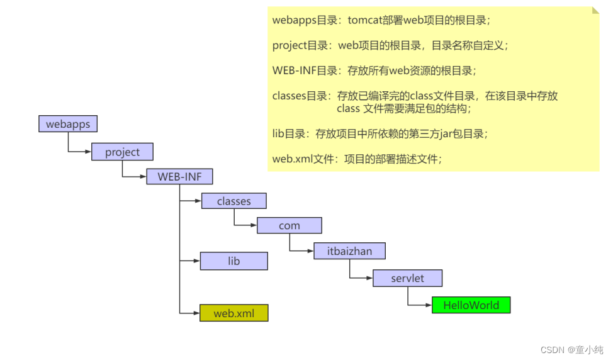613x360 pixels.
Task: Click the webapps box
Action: [68, 124]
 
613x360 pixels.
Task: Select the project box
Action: [122, 152]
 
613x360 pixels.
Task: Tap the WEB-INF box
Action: [179, 177]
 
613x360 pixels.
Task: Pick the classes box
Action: [233, 201]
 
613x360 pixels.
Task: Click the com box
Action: [289, 226]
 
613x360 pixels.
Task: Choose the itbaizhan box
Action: [349, 251]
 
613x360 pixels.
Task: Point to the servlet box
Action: [407, 278]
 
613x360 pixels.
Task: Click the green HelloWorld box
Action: [471, 305]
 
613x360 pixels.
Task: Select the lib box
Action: [233, 261]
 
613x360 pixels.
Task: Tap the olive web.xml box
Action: [233, 313]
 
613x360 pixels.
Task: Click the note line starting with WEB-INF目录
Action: [374, 70]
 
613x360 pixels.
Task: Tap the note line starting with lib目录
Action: [380, 133]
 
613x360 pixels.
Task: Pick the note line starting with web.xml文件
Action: [357, 159]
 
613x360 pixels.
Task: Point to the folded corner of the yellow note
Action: [595, 11]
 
